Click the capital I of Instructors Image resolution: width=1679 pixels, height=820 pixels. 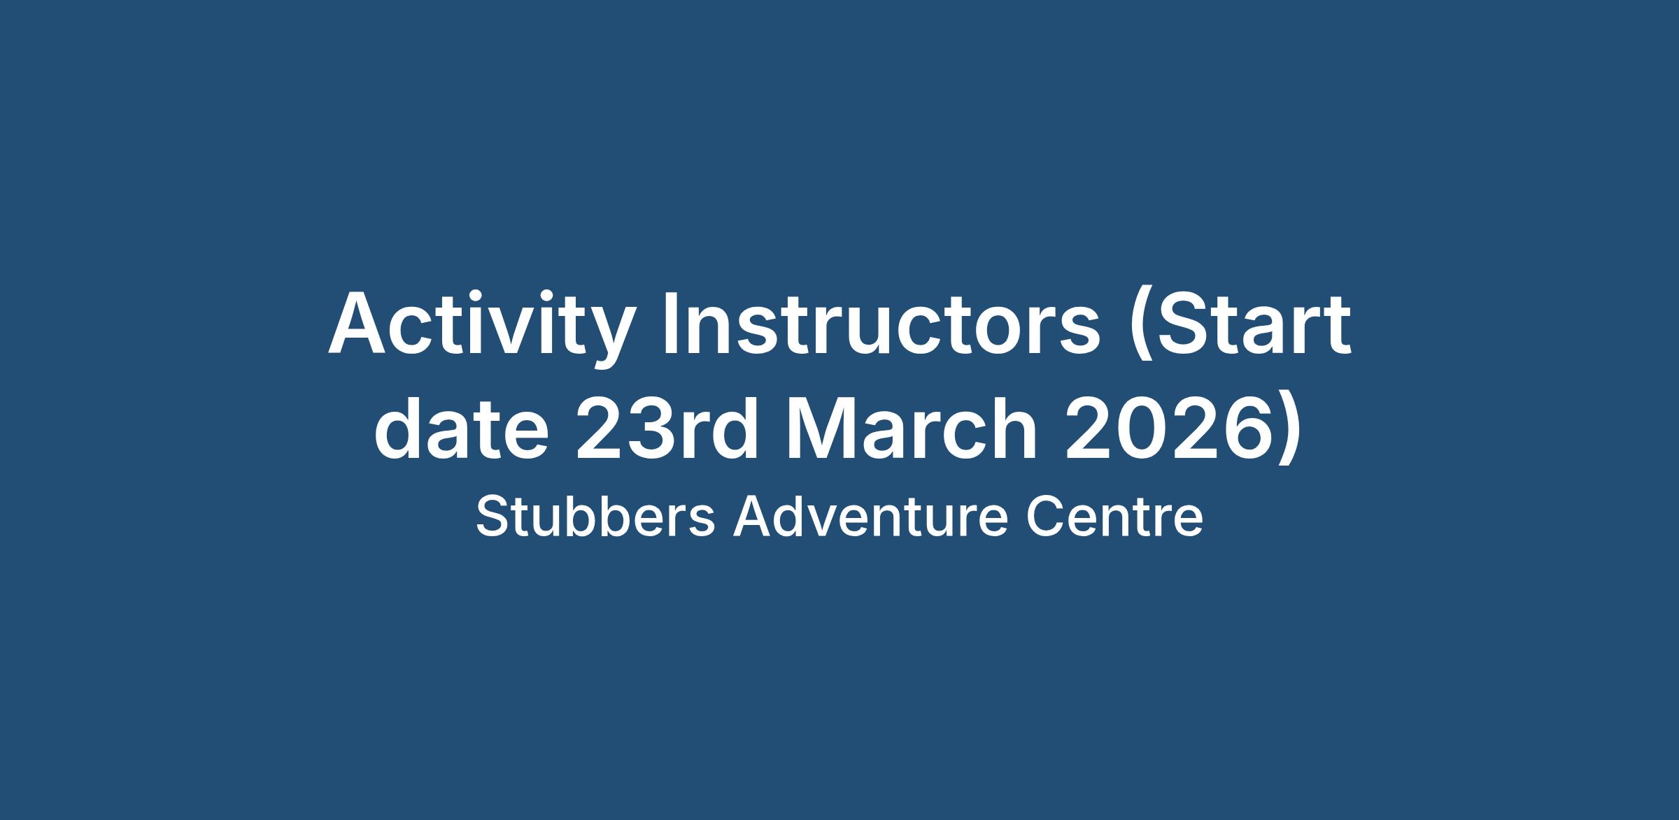[670, 323]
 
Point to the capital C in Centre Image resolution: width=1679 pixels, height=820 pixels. [1044, 517]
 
